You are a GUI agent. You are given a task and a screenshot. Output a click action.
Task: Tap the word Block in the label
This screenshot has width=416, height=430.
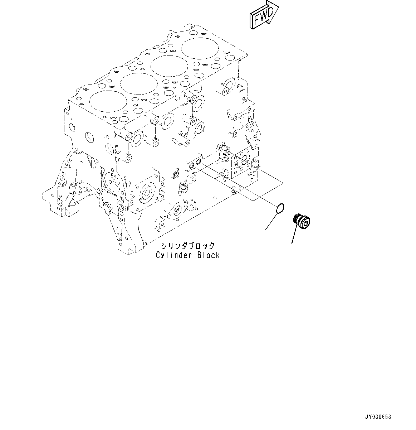(208, 255)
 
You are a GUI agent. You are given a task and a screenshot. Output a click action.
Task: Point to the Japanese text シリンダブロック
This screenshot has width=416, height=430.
(187, 246)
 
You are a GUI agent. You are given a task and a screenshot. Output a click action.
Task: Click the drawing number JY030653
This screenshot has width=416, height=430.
(378, 417)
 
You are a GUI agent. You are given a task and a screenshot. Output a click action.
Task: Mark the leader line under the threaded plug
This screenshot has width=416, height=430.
(295, 235)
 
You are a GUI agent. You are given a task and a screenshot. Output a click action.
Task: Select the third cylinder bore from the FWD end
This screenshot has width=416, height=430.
(138, 83)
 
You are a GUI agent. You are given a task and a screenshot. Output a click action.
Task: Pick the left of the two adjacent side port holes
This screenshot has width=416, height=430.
(191, 165)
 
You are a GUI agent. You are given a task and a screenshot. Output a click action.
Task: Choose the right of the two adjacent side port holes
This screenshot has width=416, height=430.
(199, 163)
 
